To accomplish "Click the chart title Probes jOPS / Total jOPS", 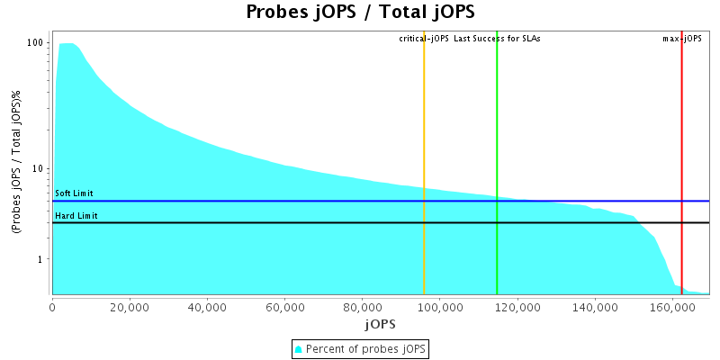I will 360,13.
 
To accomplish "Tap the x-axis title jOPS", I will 380,323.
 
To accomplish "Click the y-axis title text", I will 17,163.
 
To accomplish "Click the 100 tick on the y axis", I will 36,43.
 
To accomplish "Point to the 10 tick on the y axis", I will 39,168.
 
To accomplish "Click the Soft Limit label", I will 74,193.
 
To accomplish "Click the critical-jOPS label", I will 424,39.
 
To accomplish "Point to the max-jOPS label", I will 681,39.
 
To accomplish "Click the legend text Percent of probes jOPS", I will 366,348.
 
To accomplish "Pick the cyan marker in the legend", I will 299,348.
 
